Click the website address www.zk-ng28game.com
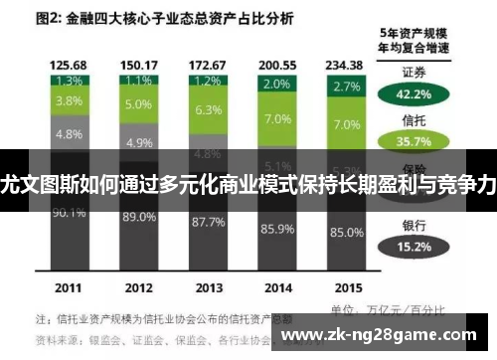point(395,334)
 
